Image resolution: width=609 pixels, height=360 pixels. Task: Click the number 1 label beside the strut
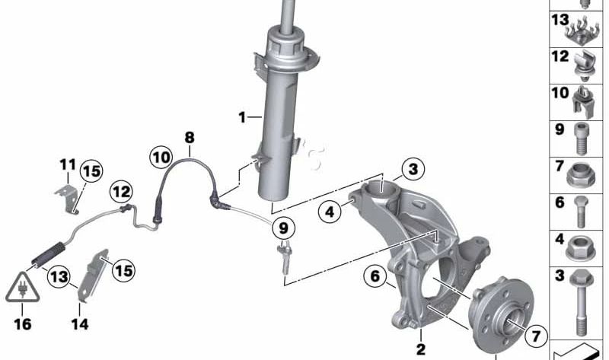(x=241, y=117)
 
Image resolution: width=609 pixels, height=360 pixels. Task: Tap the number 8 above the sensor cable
(x=189, y=138)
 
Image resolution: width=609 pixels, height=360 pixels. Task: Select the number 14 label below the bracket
(x=80, y=324)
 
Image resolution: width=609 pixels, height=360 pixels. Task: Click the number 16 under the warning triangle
(x=23, y=324)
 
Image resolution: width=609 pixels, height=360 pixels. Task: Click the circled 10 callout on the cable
(x=161, y=158)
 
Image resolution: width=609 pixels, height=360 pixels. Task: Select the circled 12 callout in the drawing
(x=122, y=190)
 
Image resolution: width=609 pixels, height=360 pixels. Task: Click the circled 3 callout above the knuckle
(x=412, y=169)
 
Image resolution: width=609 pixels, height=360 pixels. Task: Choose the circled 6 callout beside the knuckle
(x=375, y=276)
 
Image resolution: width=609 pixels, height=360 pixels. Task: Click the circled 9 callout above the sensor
(x=283, y=227)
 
